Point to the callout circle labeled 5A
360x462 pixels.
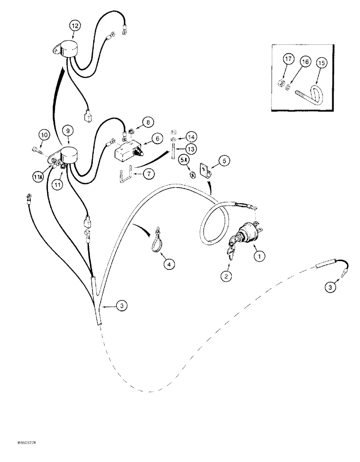[184, 160]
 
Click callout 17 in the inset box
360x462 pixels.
[288, 60]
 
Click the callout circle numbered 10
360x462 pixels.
[44, 135]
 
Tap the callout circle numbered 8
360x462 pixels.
[147, 122]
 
